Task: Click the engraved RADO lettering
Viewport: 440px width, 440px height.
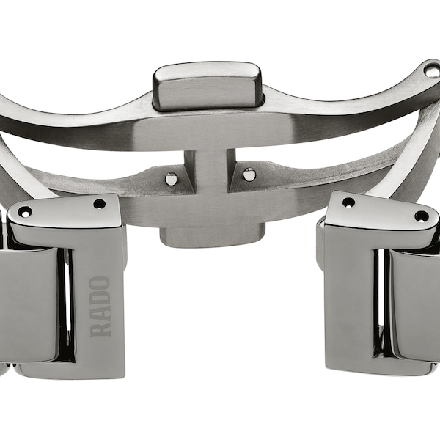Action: point(100,306)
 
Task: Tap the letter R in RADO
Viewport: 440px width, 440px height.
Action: point(100,328)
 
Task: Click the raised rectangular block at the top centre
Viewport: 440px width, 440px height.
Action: point(208,85)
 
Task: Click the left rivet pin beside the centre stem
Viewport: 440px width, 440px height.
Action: point(172,177)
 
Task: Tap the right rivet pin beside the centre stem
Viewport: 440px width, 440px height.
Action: point(249,175)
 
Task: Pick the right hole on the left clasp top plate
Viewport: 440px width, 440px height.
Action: point(99,204)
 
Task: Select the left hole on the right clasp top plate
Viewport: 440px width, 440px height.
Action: point(348,202)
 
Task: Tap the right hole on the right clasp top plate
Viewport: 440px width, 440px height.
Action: point(421,216)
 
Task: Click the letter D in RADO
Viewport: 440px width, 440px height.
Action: point(100,298)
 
